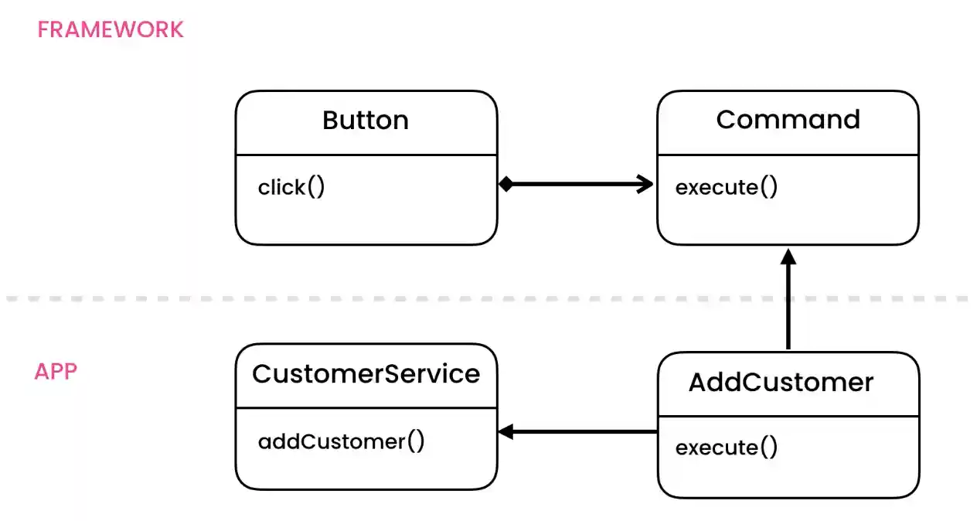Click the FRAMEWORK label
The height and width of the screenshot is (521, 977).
pyautogui.click(x=111, y=30)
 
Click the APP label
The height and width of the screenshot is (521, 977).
pyautogui.click(x=56, y=372)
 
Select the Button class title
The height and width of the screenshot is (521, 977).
pyautogui.click(x=366, y=121)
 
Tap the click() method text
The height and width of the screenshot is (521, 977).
pyautogui.click(x=291, y=188)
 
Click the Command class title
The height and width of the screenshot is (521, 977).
pyautogui.click(x=788, y=120)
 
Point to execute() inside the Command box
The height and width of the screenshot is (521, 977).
pyautogui.click(x=726, y=188)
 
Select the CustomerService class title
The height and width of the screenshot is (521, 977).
pyautogui.click(x=366, y=374)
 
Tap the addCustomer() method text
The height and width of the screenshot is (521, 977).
pyautogui.click(x=341, y=441)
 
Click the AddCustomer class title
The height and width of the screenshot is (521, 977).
pyautogui.click(x=781, y=383)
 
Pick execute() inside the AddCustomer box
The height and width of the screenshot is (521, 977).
pyautogui.click(x=726, y=448)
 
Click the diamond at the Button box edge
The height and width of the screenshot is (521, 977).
pyautogui.click(x=506, y=184)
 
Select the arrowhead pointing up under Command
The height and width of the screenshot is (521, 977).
pyautogui.click(x=788, y=257)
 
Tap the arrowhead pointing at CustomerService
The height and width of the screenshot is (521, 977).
pyautogui.click(x=506, y=432)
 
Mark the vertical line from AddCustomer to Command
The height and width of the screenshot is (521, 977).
pyautogui.click(x=788, y=309)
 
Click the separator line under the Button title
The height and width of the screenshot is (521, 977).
pyautogui.click(x=366, y=155)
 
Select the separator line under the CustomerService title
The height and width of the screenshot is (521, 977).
pyautogui.click(x=366, y=407)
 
